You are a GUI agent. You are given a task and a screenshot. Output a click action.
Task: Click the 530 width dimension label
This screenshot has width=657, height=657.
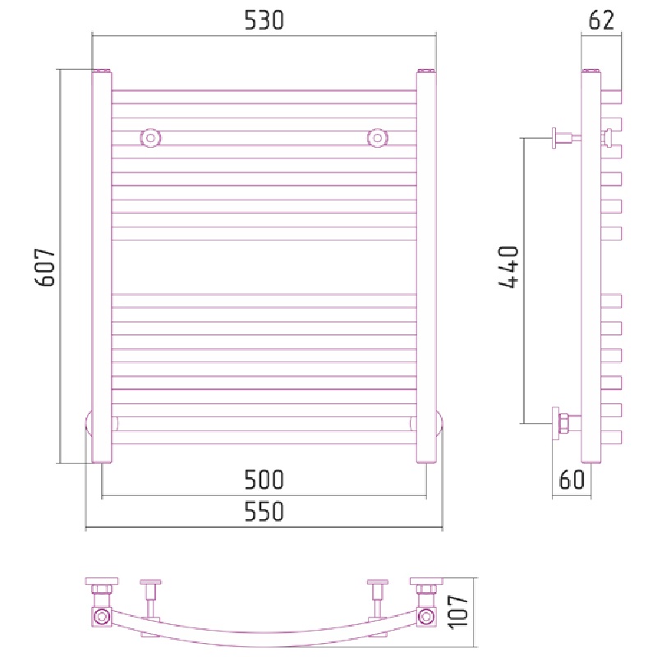[264, 21]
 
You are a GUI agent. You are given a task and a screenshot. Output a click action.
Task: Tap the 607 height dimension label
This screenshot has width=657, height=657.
[45, 268]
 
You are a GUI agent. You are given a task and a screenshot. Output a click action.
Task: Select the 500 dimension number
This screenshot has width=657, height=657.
[264, 480]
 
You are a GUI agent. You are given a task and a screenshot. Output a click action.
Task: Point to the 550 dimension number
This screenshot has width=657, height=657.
[264, 511]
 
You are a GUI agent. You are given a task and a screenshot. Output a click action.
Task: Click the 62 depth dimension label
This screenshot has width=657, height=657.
[602, 20]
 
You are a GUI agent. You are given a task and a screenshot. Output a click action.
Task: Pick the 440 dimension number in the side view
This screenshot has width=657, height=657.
[509, 268]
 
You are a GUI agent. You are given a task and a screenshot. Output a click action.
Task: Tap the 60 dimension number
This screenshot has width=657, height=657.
[572, 480]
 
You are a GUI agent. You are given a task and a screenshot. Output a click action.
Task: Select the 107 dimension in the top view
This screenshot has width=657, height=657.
[458, 611]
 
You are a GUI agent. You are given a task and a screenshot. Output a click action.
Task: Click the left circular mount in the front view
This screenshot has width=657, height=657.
[150, 138]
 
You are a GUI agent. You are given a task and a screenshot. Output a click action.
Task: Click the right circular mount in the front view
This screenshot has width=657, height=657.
[378, 138]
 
